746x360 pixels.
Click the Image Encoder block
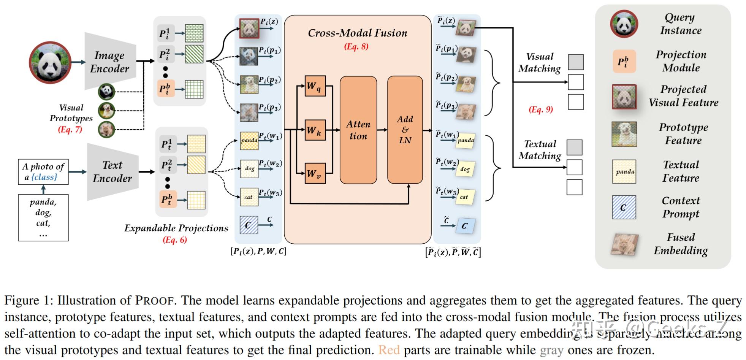click(x=109, y=62)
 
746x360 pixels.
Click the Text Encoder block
click(x=112, y=172)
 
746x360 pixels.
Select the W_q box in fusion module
click(x=315, y=86)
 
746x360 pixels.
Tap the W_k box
click(x=315, y=130)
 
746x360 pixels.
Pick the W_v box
click(x=315, y=174)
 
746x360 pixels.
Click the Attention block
click(x=358, y=130)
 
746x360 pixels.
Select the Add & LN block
click(x=405, y=130)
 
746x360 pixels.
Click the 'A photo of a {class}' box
click(x=43, y=172)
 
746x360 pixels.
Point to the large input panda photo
click(x=50, y=62)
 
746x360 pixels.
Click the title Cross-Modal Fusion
click(x=357, y=33)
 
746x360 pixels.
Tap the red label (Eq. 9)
click(x=540, y=109)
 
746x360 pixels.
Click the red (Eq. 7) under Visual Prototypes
click(x=70, y=129)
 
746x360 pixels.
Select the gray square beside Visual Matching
click(x=576, y=62)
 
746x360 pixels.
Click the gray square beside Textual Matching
click(x=574, y=147)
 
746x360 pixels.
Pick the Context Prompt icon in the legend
click(x=624, y=208)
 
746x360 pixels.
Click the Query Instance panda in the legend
click(x=624, y=24)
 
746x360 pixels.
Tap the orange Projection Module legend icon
click(x=624, y=61)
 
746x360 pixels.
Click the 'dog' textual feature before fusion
click(x=249, y=168)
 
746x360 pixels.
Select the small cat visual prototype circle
click(x=106, y=130)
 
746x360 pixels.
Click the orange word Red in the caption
click(x=389, y=350)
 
